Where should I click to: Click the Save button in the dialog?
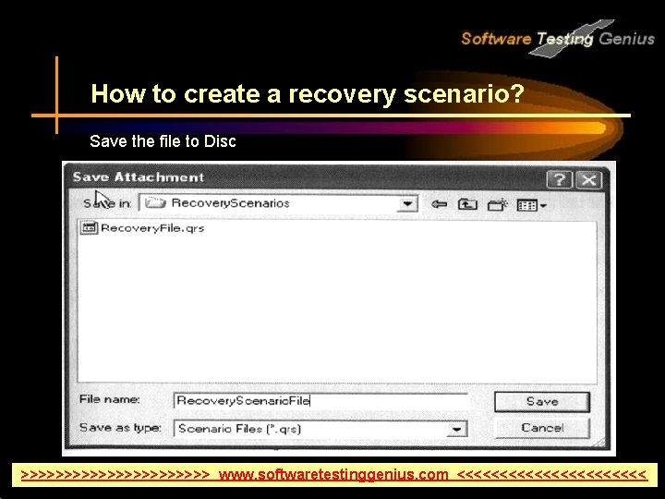[541, 401]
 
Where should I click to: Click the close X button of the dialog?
[588, 179]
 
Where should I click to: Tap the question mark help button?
[560, 179]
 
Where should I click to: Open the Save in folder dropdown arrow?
[407, 203]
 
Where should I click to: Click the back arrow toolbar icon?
[440, 203]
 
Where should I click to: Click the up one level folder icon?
[468, 203]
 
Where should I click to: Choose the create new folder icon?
[499, 203]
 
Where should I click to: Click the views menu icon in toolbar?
[530, 204]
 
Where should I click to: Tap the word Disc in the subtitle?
[217, 141]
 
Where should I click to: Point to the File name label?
[110, 399]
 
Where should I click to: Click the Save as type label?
[120, 428]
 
